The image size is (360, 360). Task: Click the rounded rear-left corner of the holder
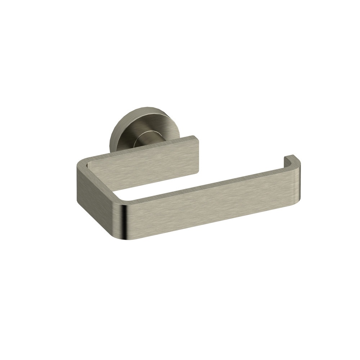tap(81, 166)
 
